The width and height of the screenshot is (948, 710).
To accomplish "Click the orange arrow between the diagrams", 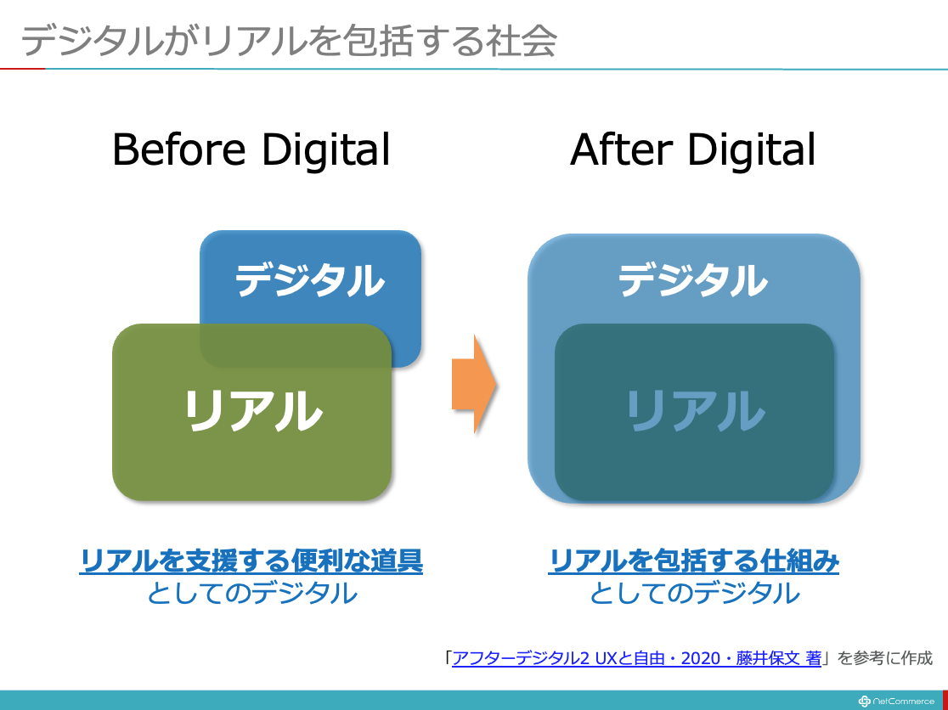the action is (475, 385).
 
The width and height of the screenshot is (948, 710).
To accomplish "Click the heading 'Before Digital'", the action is (251, 149).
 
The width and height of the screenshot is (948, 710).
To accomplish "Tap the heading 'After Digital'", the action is (693, 149).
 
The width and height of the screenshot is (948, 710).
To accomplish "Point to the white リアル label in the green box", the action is (253, 410).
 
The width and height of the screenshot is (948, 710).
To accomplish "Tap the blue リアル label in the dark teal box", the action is (695, 410).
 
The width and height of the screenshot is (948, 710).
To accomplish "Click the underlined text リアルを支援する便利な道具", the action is (251, 561).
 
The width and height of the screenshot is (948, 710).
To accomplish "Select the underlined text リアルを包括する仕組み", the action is (693, 561).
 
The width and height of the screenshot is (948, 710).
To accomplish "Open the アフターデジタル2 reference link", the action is (636, 658).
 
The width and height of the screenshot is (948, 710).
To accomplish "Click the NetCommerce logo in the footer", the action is (897, 702).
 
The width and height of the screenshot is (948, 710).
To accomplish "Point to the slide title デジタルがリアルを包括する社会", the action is (288, 42).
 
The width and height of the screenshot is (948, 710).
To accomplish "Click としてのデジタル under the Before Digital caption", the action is (252, 593).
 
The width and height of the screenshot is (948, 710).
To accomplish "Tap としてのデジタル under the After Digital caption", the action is (695, 593).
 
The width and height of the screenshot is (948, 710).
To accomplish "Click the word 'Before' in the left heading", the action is (179, 149).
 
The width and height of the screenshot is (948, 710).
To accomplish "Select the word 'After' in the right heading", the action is (621, 149).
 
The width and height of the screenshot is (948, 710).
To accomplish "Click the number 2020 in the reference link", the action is (702, 658).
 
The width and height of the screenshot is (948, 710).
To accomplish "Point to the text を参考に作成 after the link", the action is (885, 658).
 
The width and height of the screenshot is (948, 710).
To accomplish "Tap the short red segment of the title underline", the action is (22, 69).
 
